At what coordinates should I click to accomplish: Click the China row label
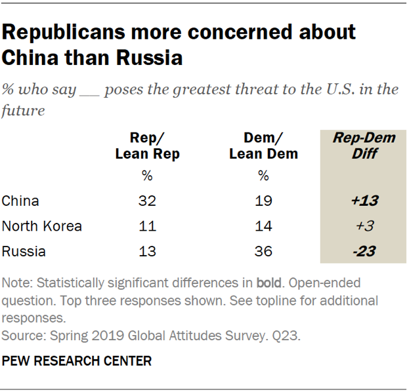[x=20, y=202]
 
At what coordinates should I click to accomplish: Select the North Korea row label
[x=42, y=227]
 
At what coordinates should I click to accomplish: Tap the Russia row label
[x=23, y=252]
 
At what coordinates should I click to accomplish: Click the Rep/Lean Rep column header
[x=147, y=146]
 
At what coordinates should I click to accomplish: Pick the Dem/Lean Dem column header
[x=264, y=146]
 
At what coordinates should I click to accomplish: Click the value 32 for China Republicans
[x=147, y=202]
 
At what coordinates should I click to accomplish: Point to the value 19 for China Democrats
[x=264, y=202]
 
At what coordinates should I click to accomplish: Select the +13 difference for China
[x=360, y=202]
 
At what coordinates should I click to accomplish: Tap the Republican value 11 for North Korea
[x=147, y=227]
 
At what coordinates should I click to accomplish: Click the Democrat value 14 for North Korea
[x=264, y=227]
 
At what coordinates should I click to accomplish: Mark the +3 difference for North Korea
[x=360, y=227]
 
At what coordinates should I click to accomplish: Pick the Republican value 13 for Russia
[x=147, y=252]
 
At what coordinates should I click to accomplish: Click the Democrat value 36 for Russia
[x=264, y=252]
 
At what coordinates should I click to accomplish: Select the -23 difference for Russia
[x=360, y=252]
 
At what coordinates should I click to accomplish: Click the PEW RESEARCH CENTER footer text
[x=77, y=361]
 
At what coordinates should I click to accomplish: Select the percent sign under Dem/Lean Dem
[x=264, y=176]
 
